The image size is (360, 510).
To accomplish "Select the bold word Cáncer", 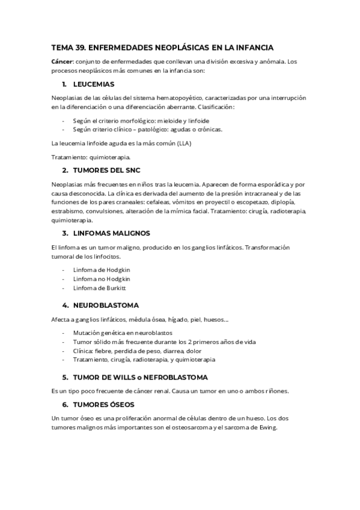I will click(63, 61).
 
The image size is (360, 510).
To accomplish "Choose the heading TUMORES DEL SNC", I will click(106, 170).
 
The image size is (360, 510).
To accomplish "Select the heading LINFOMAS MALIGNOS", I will click(111, 233).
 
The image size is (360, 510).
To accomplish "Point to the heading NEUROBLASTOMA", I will click(106, 306).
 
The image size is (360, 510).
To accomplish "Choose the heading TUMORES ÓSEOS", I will click(103, 405).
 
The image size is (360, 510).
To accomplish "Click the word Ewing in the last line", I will click(268, 428).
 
